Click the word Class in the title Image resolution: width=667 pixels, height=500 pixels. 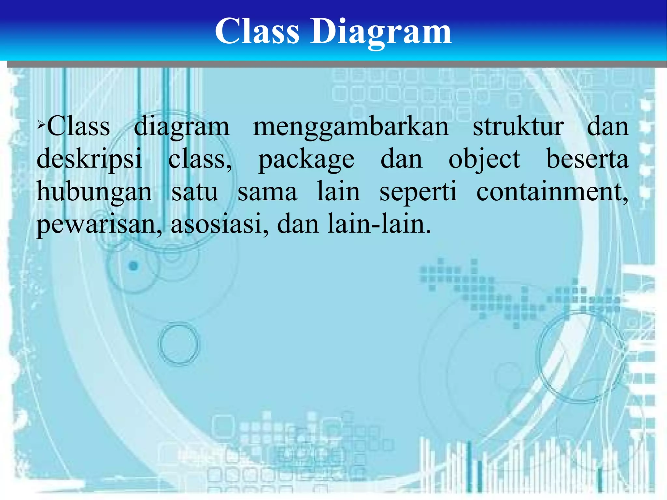click(257, 31)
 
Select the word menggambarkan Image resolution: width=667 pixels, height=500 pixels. click(351, 127)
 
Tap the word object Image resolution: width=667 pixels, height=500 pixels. click(484, 160)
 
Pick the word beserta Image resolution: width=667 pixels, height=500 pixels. click(587, 159)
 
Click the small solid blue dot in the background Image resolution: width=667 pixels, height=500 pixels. click(134, 266)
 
